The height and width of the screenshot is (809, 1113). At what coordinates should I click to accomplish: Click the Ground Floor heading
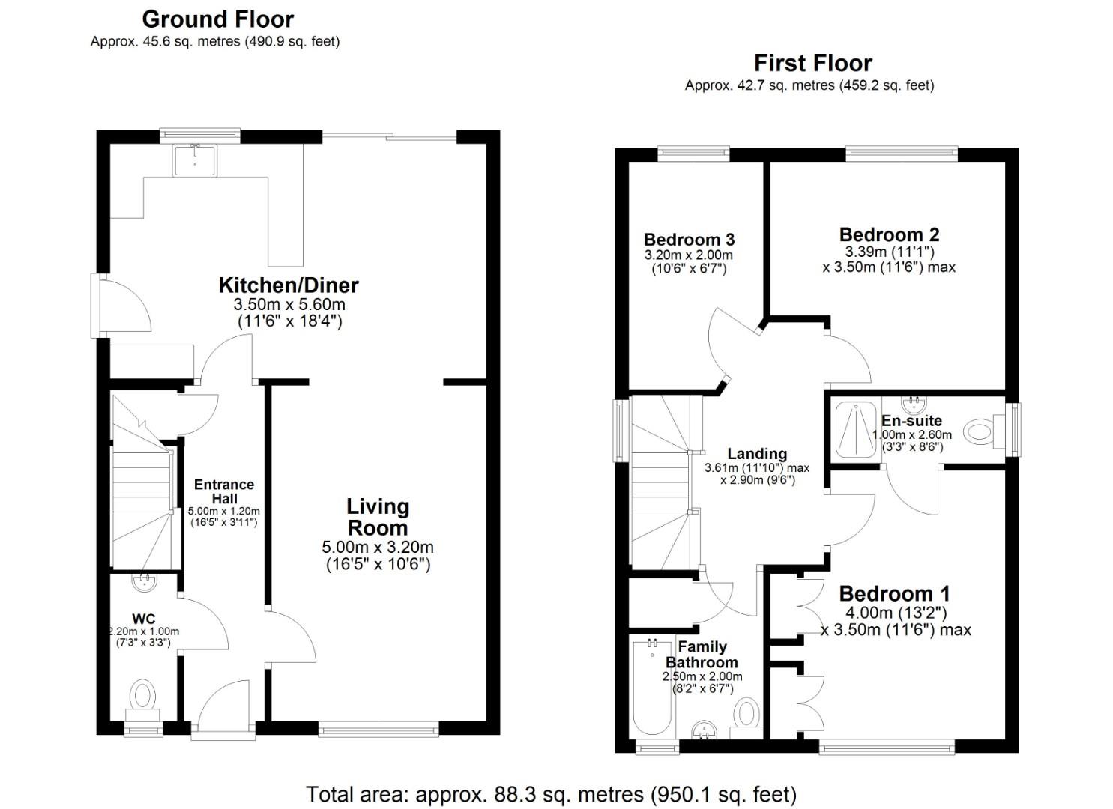217,19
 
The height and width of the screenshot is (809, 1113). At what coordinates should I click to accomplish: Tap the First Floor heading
812,63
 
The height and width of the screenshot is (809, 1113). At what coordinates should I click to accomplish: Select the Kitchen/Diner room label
289,285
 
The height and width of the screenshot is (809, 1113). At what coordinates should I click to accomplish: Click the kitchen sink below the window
195,160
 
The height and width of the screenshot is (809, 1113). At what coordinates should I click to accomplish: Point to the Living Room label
378,517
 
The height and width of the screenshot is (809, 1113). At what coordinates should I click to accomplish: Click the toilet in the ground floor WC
142,696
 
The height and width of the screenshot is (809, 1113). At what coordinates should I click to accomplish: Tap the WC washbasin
144,579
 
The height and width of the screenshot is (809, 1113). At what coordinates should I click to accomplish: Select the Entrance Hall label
224,491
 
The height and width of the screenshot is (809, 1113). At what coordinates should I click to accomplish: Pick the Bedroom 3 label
689,240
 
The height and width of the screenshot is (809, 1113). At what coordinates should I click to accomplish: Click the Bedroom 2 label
889,234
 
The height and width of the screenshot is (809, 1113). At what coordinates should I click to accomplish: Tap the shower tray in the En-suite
856,429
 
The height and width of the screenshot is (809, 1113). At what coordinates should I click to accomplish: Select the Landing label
757,454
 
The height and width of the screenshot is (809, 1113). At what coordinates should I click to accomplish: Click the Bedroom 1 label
894,593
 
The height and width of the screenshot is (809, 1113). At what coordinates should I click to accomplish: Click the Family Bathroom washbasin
705,730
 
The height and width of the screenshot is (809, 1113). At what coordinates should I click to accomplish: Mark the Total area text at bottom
551,793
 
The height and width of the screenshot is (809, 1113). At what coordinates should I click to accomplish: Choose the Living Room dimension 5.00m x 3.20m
378,547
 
